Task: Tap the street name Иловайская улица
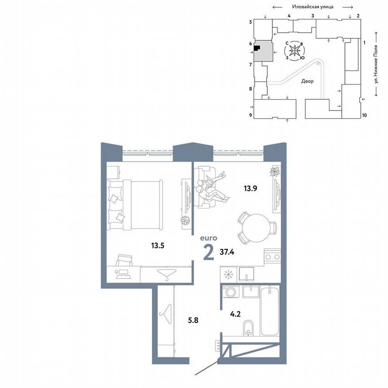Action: click(311, 7)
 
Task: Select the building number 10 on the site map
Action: click(364, 115)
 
